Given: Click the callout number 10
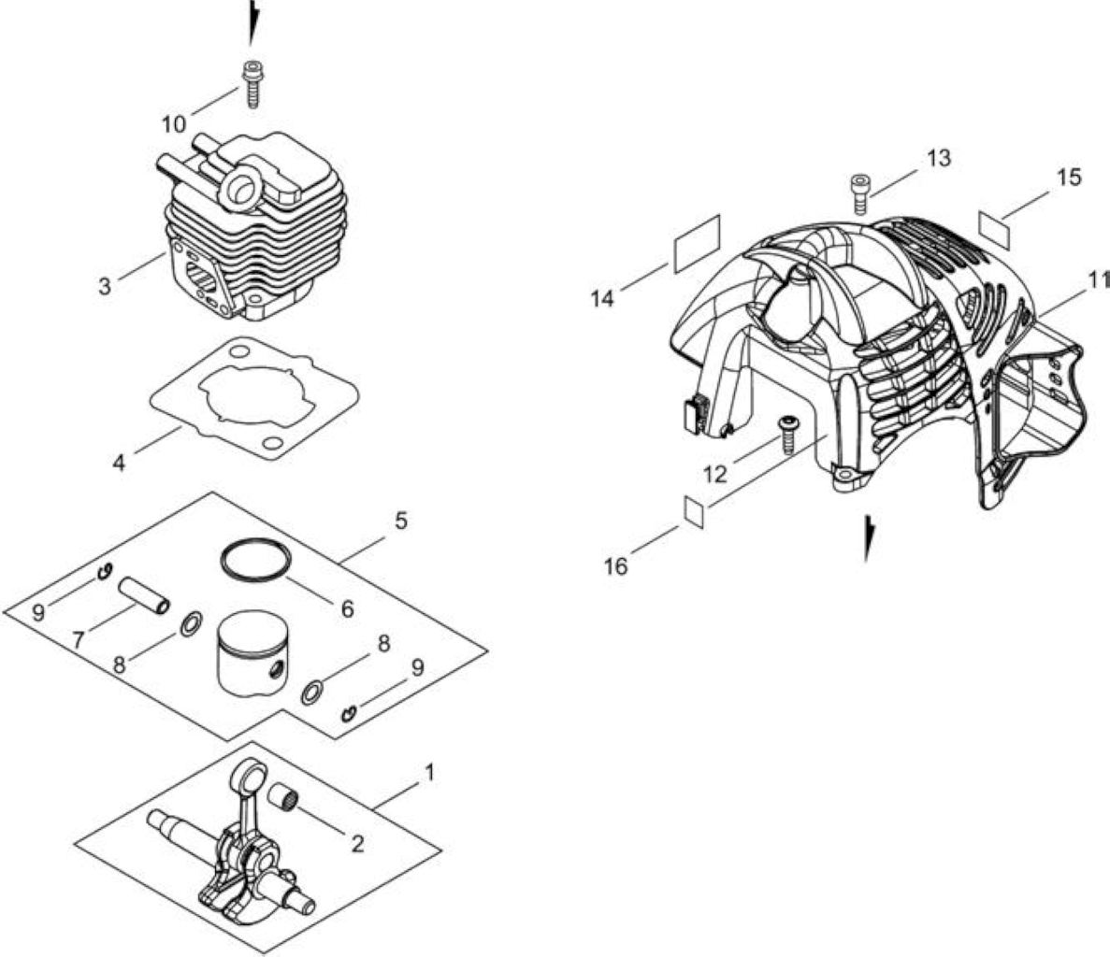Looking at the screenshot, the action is click(173, 124).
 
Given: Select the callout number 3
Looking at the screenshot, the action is click(105, 287).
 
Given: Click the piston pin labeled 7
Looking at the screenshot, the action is click(144, 594).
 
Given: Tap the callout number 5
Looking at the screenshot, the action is click(400, 521).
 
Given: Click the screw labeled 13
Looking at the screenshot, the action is click(858, 193).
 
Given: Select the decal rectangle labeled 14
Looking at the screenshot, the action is click(697, 243).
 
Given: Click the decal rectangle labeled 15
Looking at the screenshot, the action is click(996, 221).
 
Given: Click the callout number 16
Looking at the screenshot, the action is click(616, 565).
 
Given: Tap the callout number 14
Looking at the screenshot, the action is click(602, 299).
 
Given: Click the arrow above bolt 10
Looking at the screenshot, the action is click(252, 22).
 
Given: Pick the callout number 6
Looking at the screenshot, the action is click(347, 608).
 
